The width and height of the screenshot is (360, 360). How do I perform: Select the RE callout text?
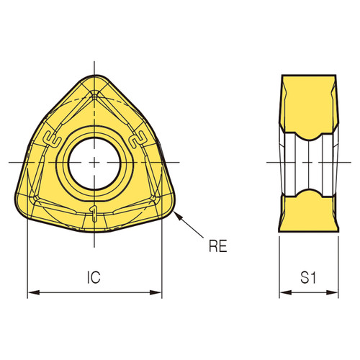point(217,247)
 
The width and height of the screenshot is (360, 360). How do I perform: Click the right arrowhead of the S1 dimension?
point(338,293)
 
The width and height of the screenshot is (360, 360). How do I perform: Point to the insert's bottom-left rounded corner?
point(23,209)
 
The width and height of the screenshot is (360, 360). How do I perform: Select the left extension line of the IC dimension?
point(27,259)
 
